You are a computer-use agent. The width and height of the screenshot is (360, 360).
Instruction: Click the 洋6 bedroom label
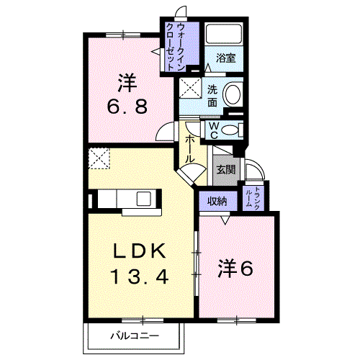tap(235, 269)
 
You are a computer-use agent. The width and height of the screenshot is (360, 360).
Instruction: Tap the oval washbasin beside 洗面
tap(232, 95)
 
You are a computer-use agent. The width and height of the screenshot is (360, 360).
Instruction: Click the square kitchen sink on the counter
tap(141, 199)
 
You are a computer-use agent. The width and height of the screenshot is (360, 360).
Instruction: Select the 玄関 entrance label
tap(225, 170)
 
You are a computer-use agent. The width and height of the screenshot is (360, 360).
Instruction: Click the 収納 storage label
tap(218, 202)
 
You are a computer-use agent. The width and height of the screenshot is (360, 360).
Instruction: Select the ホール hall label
tap(189, 148)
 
